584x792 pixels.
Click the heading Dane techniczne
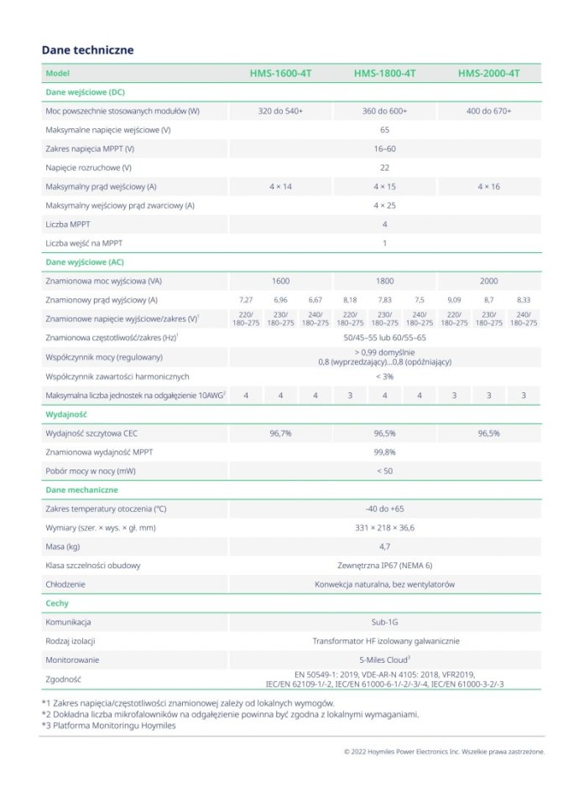click(87, 50)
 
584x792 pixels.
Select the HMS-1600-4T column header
click(280, 74)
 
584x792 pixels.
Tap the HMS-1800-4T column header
click(384, 74)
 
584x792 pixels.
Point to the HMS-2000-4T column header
click(488, 74)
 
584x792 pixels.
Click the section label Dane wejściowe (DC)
click(85, 92)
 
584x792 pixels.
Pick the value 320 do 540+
click(280, 111)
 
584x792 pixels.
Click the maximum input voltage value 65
click(384, 130)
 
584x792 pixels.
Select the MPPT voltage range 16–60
click(384, 148)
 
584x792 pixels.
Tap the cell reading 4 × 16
click(488, 186)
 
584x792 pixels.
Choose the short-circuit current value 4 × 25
click(384, 205)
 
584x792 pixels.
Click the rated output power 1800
click(384, 281)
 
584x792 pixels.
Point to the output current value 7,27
click(246, 299)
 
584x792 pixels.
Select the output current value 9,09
click(454, 299)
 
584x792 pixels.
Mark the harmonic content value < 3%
click(384, 376)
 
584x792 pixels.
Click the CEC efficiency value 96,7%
click(280, 433)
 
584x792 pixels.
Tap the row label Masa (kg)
click(63, 546)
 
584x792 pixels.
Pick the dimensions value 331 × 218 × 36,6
click(384, 528)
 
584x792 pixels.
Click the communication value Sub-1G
click(384, 623)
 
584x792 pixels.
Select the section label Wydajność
click(66, 414)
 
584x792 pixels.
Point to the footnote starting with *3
click(109, 726)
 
